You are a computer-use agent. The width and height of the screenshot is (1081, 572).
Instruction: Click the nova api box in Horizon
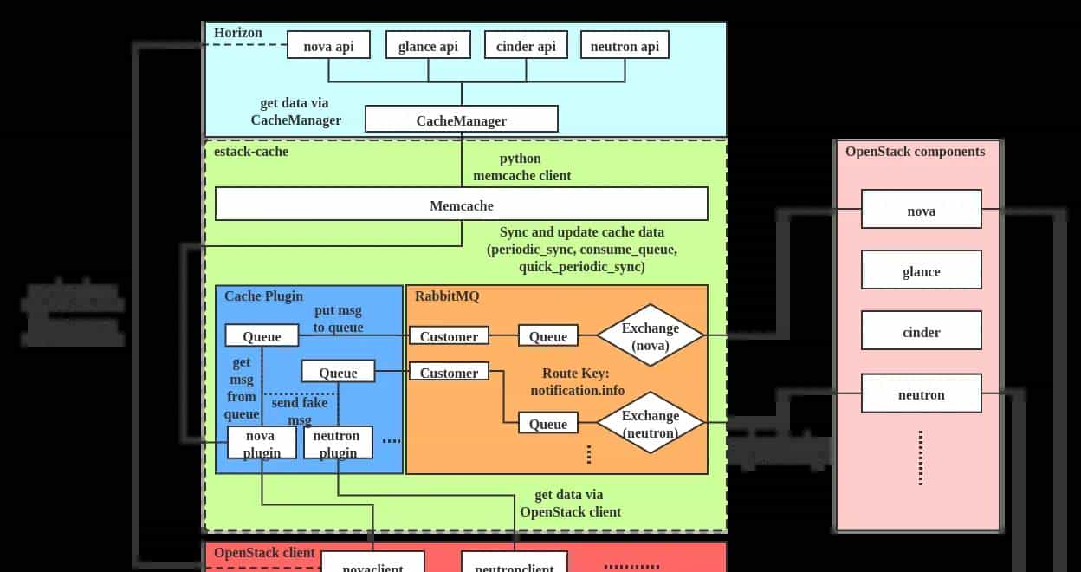(x=329, y=46)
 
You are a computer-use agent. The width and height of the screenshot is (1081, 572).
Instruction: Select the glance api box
(x=428, y=46)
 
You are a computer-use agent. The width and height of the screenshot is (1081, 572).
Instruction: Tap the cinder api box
(x=526, y=46)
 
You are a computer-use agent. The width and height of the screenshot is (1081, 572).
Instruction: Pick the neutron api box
(x=625, y=46)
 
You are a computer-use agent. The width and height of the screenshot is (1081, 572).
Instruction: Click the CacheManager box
(x=462, y=120)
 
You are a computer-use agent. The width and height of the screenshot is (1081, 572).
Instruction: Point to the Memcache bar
(x=462, y=205)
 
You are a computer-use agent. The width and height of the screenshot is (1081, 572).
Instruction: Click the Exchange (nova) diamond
(x=651, y=336)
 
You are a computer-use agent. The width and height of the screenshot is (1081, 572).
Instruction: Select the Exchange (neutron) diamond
(x=651, y=424)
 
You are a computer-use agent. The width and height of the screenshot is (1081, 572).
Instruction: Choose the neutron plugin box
(x=338, y=443)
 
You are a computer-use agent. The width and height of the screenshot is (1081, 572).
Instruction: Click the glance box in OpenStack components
(x=921, y=271)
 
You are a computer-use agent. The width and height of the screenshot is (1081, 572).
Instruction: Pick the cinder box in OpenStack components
(x=921, y=332)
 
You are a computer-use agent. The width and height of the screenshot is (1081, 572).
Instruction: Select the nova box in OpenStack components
(x=921, y=211)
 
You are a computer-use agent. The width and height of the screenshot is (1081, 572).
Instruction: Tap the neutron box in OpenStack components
(x=921, y=394)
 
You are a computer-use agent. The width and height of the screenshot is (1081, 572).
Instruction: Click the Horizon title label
(x=238, y=33)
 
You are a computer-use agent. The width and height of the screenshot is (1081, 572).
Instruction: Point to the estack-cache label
(x=251, y=151)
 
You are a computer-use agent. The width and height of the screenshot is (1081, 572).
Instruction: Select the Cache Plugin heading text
(x=264, y=296)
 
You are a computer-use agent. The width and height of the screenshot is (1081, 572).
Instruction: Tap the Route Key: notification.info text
(x=577, y=381)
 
